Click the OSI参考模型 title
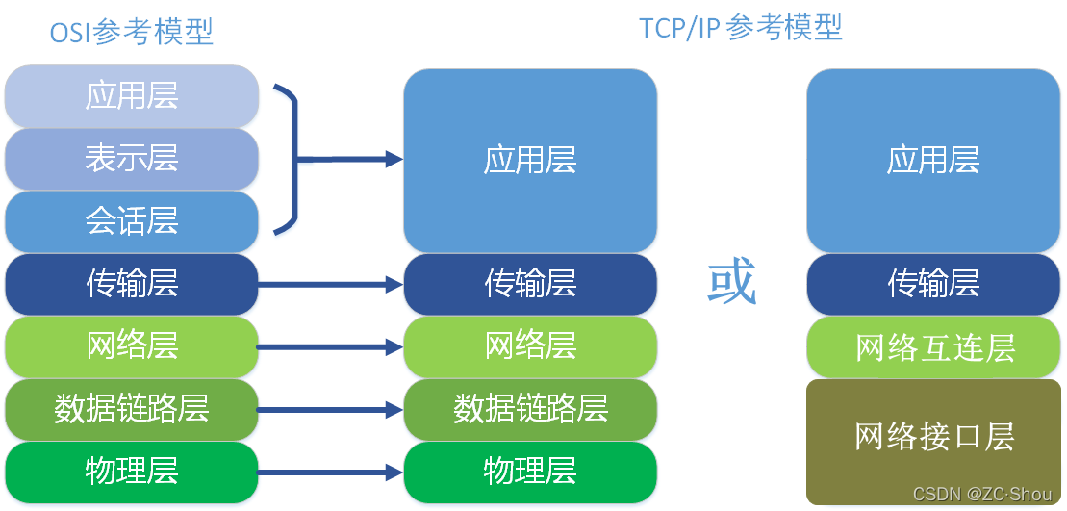[132, 33]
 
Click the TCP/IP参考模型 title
[741, 28]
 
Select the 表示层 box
[132, 158]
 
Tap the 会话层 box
[132, 221]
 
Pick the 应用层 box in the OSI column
[132, 95]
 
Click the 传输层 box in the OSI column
[132, 284]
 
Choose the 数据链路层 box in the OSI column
[132, 408]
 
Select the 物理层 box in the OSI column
[132, 471]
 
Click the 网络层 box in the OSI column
[132, 345]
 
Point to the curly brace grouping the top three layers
[286, 159]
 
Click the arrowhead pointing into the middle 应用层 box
[394, 160]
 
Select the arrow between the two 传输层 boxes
[330, 285]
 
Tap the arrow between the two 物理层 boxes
[330, 472]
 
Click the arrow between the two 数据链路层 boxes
[330, 410]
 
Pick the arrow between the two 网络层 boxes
[330, 347]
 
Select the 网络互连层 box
[934, 347]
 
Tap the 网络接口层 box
[934, 437]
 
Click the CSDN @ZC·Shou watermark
[981, 494]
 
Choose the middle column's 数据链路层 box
[530, 408]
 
